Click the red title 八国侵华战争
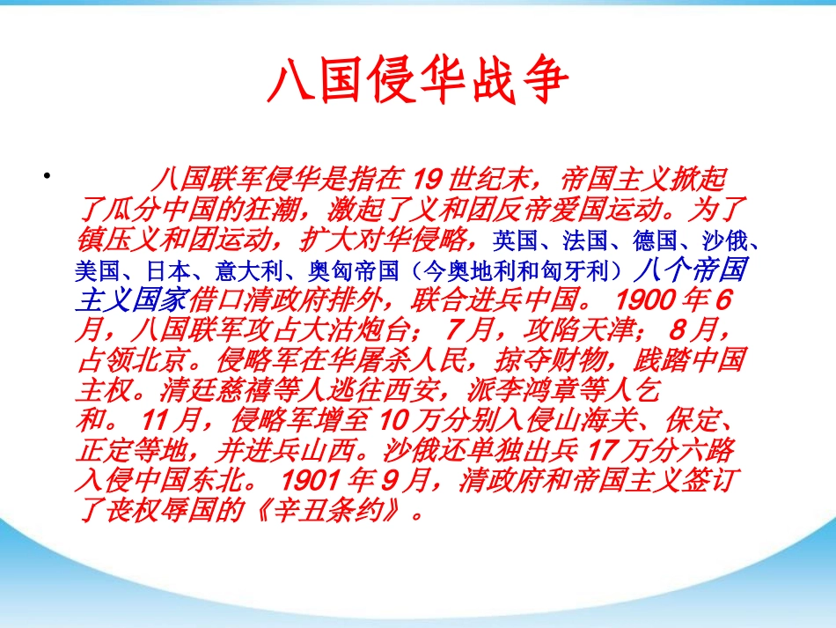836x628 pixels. click(x=418, y=80)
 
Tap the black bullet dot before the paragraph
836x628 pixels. click(x=48, y=175)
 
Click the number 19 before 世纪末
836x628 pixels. click(x=427, y=179)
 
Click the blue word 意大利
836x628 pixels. click(x=248, y=271)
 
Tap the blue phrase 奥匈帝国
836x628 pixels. click(x=354, y=271)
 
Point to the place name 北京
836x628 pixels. click(x=161, y=360)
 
